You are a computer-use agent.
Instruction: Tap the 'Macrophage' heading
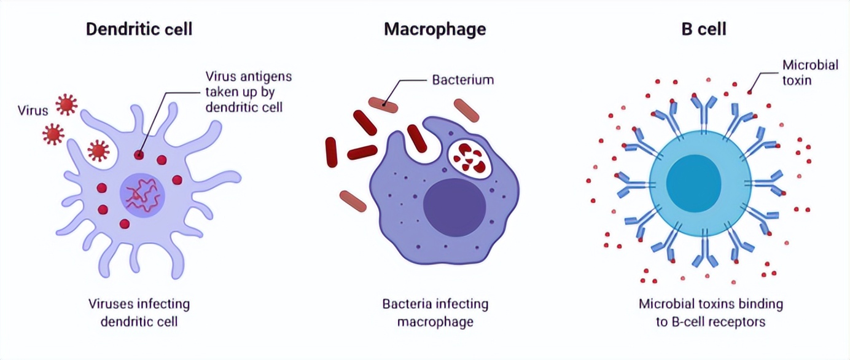(435, 29)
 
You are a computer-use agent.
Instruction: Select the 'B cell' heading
(704, 29)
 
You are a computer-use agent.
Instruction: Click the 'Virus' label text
(33, 111)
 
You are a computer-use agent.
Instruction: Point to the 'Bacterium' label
(462, 80)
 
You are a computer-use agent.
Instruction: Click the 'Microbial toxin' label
(809, 72)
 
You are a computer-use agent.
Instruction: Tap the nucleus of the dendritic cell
(142, 195)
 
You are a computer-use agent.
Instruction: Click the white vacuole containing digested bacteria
(470, 158)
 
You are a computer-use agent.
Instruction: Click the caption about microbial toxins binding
(711, 312)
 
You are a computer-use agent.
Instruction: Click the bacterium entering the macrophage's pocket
(417, 138)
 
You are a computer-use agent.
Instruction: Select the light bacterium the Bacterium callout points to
(383, 105)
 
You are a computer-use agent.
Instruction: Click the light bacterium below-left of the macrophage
(353, 200)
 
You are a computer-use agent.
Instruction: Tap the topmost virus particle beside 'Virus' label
(66, 105)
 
